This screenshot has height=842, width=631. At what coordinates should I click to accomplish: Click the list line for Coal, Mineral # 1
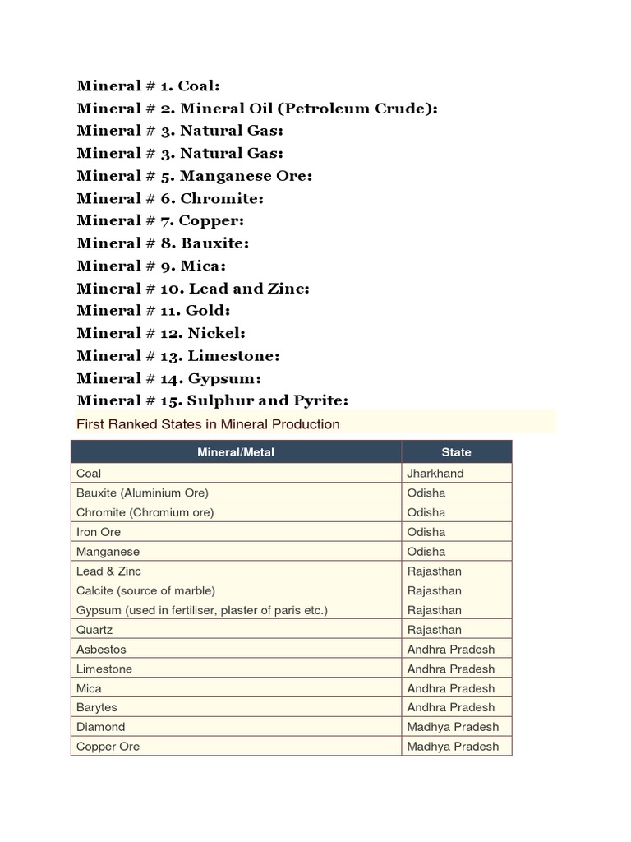[148, 86]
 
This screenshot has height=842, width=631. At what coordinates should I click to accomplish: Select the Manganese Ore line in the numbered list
[195, 176]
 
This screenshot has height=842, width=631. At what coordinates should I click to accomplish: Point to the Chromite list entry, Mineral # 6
[170, 198]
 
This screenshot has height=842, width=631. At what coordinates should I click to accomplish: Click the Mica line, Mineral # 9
[151, 266]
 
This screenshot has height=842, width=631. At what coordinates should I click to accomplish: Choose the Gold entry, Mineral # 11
[154, 311]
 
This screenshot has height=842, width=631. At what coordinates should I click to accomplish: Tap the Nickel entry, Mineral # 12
[161, 333]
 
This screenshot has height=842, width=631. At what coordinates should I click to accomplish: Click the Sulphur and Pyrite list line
[212, 400]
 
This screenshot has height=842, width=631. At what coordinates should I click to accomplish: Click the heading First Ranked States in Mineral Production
[208, 424]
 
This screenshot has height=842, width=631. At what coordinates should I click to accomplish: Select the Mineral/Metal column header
[236, 452]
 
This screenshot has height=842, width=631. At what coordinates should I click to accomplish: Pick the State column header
[456, 452]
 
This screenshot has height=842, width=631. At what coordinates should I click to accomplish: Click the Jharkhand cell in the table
[435, 474]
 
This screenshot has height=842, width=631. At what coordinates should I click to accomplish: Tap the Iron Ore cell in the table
[99, 532]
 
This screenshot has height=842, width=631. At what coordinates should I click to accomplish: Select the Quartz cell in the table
[94, 630]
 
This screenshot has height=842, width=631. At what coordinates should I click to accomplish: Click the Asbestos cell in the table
[101, 650]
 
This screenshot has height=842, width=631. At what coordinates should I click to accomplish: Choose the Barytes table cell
[97, 707]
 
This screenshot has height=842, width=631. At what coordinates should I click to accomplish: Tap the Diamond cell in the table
[101, 727]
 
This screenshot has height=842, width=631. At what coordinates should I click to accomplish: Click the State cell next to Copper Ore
[453, 747]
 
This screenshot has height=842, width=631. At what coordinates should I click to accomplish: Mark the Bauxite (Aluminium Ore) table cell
[142, 493]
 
